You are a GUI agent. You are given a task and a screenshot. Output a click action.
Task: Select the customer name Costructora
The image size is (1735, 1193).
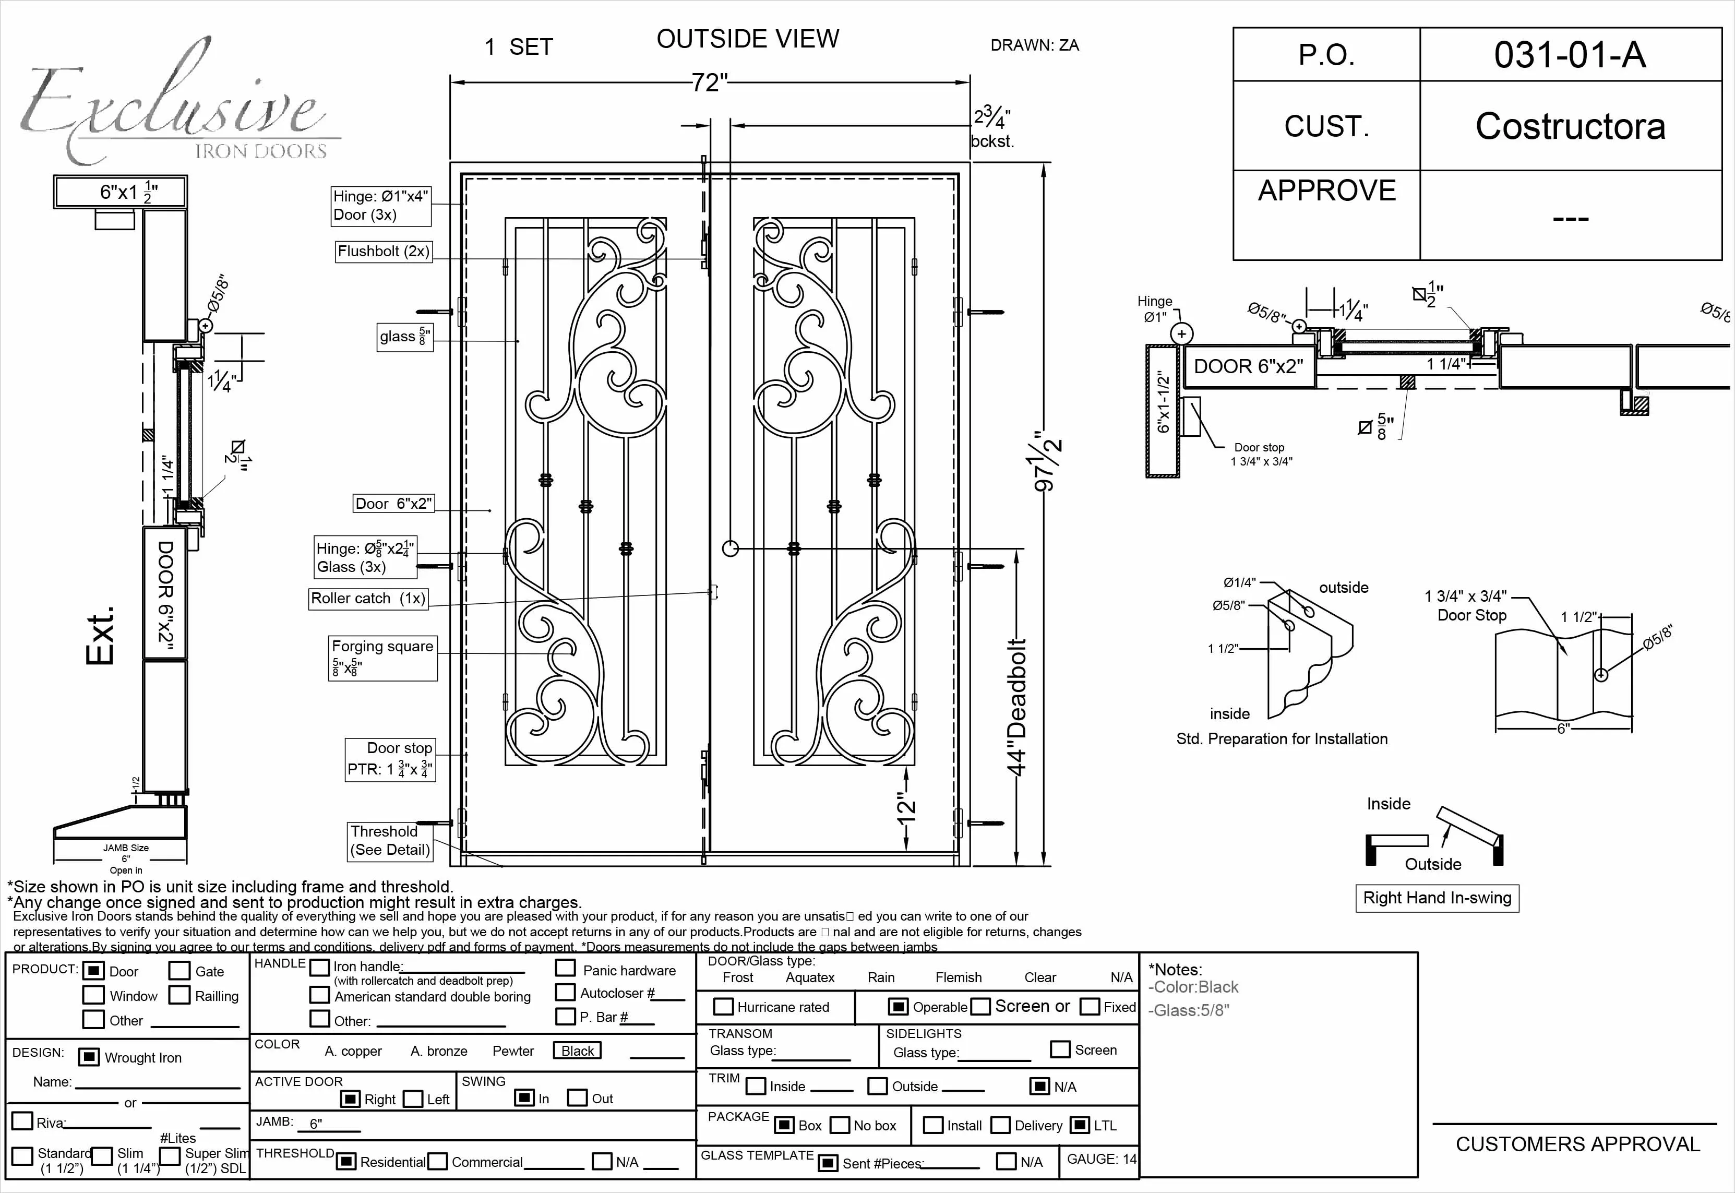(1570, 126)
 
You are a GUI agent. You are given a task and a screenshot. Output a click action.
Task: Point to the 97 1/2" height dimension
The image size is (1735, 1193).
(1048, 461)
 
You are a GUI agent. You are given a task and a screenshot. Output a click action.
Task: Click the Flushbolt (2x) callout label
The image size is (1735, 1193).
(384, 251)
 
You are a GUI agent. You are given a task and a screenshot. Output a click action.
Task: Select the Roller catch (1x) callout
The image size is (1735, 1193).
(368, 598)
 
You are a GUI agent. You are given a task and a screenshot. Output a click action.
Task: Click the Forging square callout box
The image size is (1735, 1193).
(382, 657)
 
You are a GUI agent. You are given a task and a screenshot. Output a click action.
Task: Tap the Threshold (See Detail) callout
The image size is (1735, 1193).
(390, 840)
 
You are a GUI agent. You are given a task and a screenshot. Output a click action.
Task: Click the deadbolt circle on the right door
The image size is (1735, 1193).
(730, 548)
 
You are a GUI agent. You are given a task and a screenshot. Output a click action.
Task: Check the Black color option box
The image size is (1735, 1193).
(577, 1050)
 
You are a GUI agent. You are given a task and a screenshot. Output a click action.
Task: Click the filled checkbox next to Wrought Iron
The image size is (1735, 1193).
(89, 1057)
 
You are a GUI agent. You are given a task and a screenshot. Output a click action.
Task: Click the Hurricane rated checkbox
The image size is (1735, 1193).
(723, 1006)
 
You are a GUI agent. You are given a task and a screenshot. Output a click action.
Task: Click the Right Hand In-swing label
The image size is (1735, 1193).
(1436, 898)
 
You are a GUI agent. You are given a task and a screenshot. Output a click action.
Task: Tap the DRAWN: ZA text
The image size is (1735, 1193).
(1034, 45)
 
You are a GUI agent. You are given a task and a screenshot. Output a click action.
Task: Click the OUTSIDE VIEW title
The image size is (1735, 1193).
(747, 39)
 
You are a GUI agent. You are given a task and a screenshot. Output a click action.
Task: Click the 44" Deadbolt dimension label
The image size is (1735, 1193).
(1017, 707)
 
